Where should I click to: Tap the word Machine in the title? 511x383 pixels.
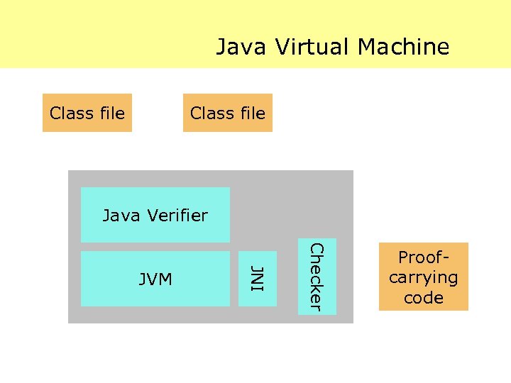pyautogui.click(x=404, y=47)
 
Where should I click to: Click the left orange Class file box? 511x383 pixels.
pyautogui.click(x=87, y=113)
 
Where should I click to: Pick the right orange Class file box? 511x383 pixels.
pyautogui.click(x=227, y=113)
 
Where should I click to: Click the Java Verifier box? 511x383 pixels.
pyautogui.click(x=155, y=215)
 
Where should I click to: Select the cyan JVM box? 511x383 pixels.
pyautogui.click(x=155, y=279)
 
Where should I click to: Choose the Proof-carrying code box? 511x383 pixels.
pyautogui.click(x=423, y=277)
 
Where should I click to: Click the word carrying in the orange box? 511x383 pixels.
pyautogui.click(x=423, y=277)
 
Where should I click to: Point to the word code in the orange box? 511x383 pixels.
pyautogui.click(x=423, y=297)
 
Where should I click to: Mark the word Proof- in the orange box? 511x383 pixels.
pyautogui.click(x=424, y=257)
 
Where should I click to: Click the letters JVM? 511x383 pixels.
pyautogui.click(x=155, y=279)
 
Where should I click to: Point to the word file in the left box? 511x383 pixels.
pyautogui.click(x=111, y=113)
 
